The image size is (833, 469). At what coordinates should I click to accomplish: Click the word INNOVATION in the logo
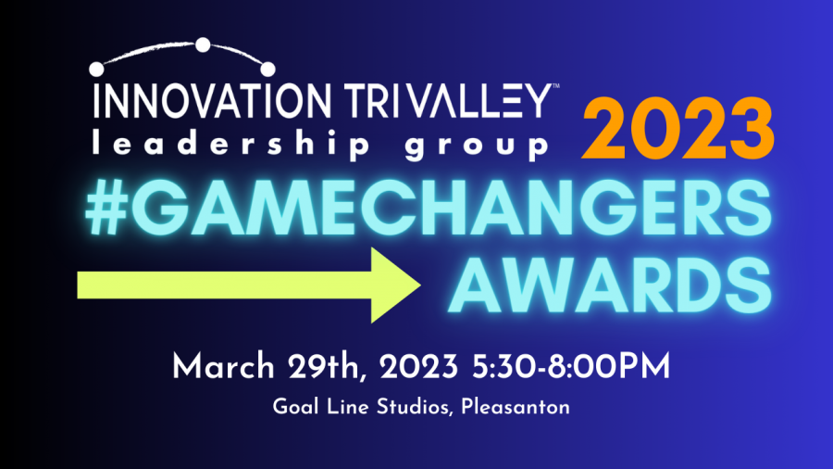[x=212, y=100]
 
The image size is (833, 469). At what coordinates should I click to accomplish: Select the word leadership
[x=230, y=144]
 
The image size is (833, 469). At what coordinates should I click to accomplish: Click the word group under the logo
[x=476, y=146]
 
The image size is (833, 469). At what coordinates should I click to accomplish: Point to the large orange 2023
[x=678, y=129]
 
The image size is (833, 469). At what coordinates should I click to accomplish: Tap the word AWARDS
[x=610, y=285]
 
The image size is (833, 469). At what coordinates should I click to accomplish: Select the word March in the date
[x=223, y=367]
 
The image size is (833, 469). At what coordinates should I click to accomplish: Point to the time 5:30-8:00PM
[x=571, y=367]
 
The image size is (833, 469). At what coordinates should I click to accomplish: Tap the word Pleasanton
[x=516, y=407]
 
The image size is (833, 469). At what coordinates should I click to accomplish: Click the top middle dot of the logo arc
[x=203, y=45]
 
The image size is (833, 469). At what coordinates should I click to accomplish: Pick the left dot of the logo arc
[x=96, y=70]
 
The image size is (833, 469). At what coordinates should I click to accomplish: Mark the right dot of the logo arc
[x=267, y=70]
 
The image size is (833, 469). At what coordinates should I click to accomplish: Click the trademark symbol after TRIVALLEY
[x=555, y=85]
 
